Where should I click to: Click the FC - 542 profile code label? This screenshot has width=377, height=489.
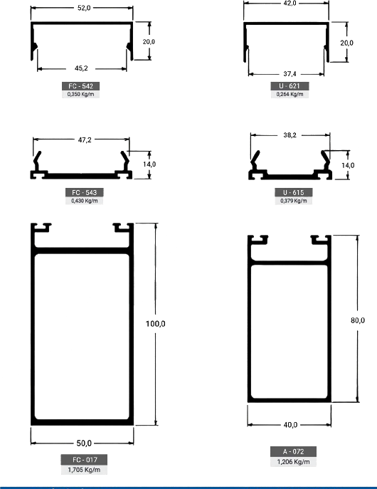coord(80,86)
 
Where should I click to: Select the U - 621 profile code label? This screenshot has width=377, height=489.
coord(290,85)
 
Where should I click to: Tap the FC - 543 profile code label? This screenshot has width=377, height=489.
coord(84,192)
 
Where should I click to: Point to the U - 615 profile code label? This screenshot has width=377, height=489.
coord(293,192)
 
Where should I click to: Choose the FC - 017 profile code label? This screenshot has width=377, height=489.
coord(84,460)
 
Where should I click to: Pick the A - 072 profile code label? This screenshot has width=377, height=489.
coord(293,451)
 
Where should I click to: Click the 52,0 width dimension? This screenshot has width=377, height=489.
coord(84,8)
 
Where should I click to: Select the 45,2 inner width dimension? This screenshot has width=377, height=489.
coord(81,68)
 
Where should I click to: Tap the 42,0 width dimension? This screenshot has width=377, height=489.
coord(290,4)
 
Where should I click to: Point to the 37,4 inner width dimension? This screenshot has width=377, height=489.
coord(290,74)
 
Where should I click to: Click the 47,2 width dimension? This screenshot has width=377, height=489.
coord(85,140)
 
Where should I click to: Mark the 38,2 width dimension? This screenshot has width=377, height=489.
coord(290,135)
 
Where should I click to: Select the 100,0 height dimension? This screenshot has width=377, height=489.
coord(156,324)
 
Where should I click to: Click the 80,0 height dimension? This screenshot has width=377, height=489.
coord(358,320)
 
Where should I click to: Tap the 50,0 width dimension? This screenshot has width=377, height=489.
coord(84,443)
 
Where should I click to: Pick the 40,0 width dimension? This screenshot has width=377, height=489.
coord(290,425)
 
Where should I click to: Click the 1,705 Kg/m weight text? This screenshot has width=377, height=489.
coord(84,470)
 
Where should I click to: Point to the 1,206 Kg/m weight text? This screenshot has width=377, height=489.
coord(294,462)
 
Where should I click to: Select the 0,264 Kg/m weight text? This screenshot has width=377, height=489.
coord(290,94)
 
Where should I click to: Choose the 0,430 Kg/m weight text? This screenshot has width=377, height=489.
coord(85,201)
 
